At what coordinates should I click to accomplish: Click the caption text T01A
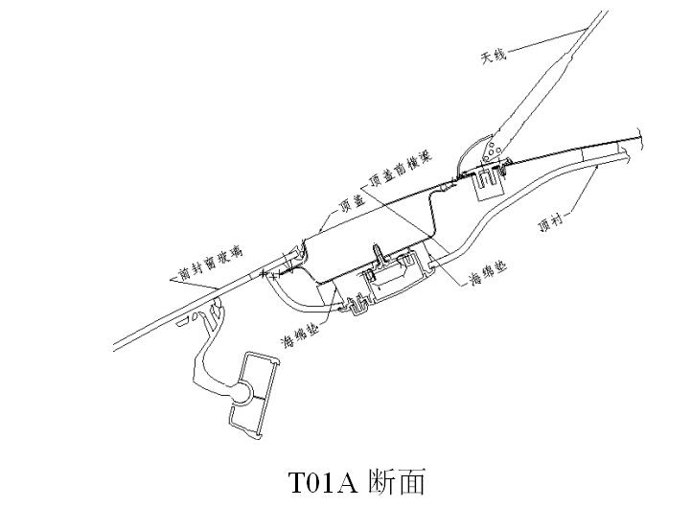(x=323, y=480)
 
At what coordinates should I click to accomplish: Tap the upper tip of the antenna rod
(x=605, y=13)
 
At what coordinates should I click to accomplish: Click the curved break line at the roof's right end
(x=647, y=140)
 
